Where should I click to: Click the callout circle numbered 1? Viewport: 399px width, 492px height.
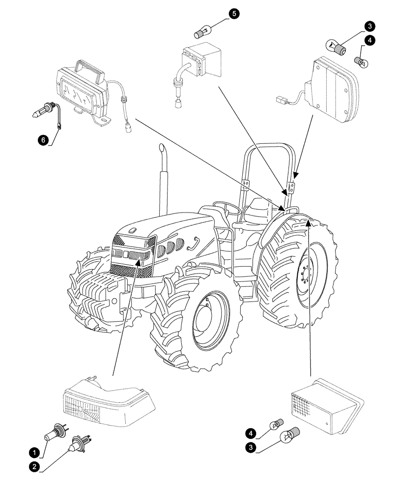[33, 451]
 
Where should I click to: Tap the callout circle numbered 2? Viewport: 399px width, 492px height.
[33, 467]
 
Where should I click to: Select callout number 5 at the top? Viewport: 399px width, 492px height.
[234, 14]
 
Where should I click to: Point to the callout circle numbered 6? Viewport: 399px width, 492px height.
[44, 140]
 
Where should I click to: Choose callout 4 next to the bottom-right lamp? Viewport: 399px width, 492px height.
[251, 433]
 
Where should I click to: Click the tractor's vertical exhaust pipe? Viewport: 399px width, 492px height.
[161, 177]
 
